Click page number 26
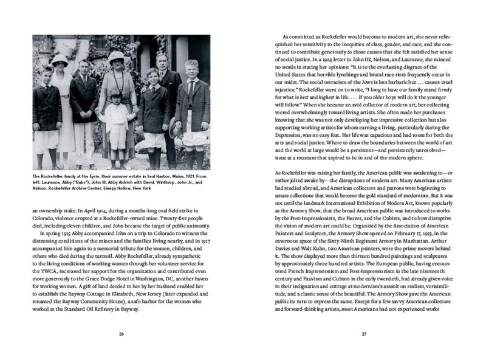tap(122, 334)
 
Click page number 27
tap(364, 334)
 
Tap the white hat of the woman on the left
tap(60, 60)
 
